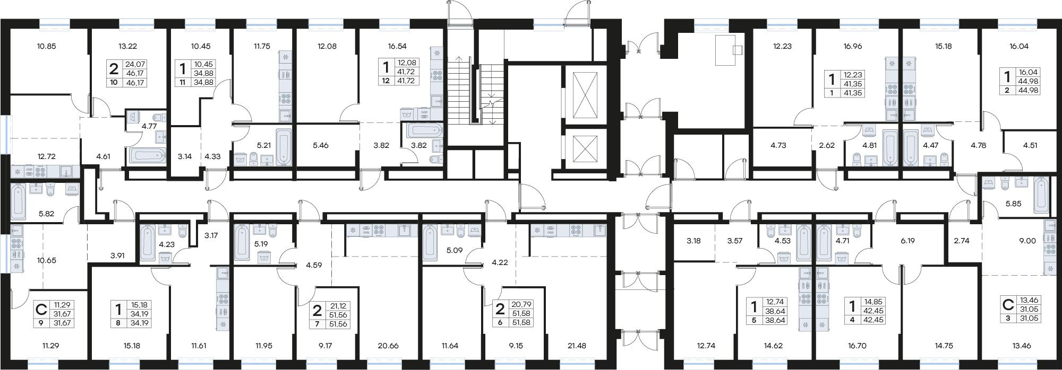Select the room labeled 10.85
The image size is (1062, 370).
[47, 46]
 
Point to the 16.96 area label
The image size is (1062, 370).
[852, 46]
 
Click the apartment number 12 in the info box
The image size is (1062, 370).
[386, 81]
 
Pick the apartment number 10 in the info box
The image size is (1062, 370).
[114, 83]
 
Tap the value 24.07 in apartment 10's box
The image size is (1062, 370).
[134, 64]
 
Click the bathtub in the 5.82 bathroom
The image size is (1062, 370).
[18, 202]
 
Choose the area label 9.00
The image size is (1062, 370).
[1027, 240]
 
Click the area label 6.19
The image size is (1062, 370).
[907, 240]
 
